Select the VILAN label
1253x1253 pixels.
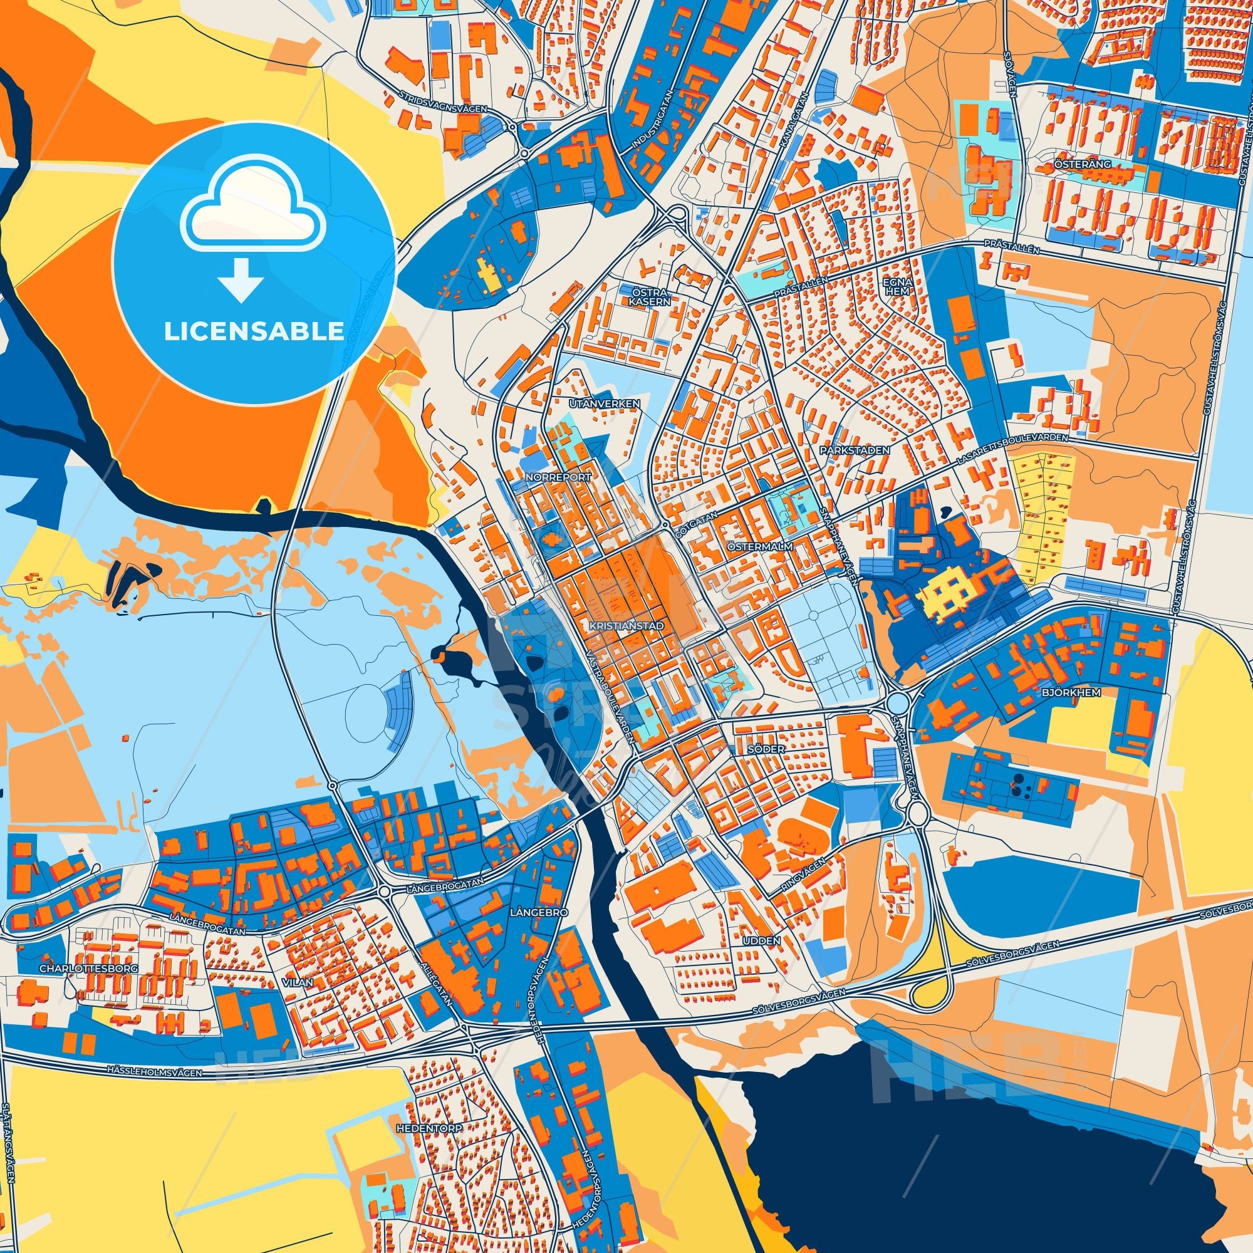298,982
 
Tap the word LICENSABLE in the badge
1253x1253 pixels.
254,331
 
